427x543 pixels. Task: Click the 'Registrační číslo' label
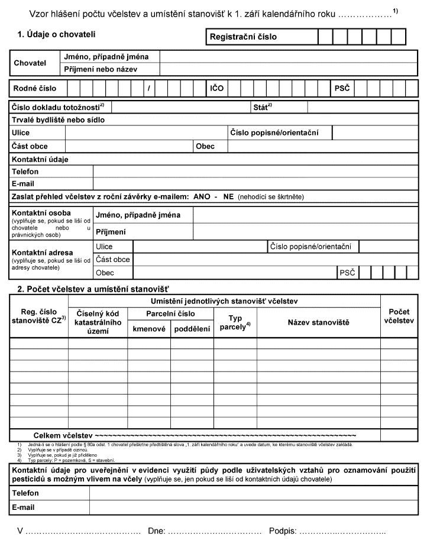(x=243, y=37)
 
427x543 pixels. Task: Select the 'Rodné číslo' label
(x=35, y=88)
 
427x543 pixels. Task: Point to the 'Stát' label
(x=261, y=107)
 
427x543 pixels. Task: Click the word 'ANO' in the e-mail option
(x=202, y=196)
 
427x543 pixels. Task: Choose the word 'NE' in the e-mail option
(x=228, y=196)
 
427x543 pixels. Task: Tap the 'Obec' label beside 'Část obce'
(x=205, y=146)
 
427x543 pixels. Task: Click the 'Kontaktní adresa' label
(x=43, y=252)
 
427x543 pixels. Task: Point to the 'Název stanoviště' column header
(x=319, y=322)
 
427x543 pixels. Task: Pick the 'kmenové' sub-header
(x=149, y=328)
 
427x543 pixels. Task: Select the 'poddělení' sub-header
(x=192, y=328)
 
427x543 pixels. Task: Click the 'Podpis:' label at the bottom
(x=283, y=531)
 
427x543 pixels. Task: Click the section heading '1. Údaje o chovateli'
(x=56, y=35)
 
